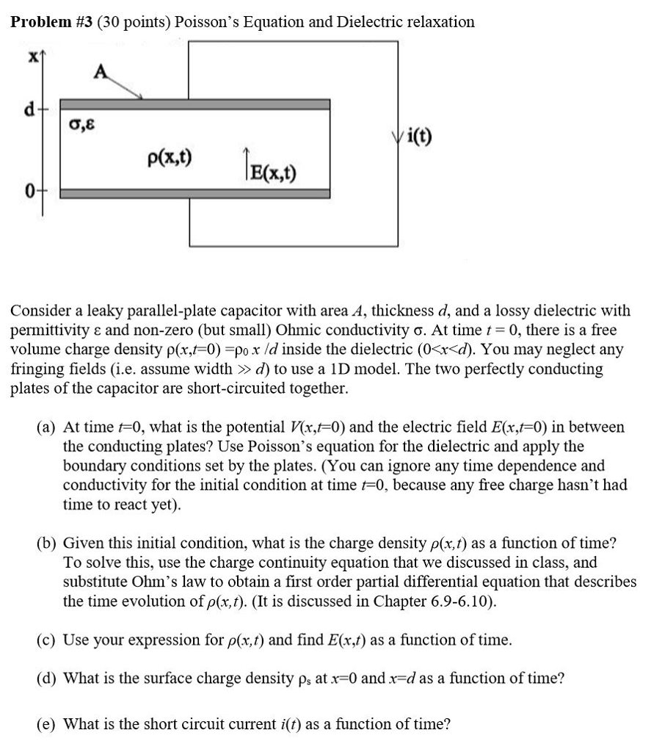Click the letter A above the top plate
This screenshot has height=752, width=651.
coord(100,71)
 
